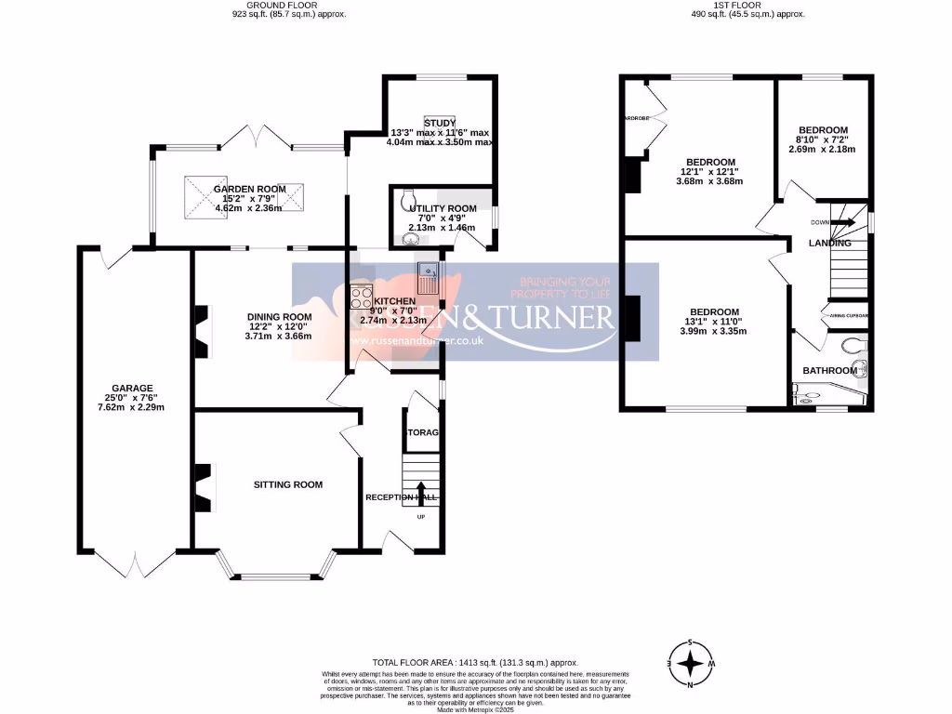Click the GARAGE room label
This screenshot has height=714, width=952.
(x=129, y=388)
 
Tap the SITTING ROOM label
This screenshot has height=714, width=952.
(x=288, y=484)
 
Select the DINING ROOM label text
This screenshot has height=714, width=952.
(x=279, y=317)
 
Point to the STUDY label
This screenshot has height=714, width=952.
(x=439, y=123)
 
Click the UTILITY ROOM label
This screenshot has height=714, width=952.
(x=442, y=209)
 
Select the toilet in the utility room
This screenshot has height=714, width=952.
(x=405, y=198)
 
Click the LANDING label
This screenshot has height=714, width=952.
(x=829, y=243)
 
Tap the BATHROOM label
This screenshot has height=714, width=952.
(x=829, y=371)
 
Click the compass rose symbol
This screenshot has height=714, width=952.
(x=691, y=664)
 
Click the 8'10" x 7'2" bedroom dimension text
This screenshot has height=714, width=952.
(x=822, y=139)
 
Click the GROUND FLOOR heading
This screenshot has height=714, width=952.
(x=289, y=6)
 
